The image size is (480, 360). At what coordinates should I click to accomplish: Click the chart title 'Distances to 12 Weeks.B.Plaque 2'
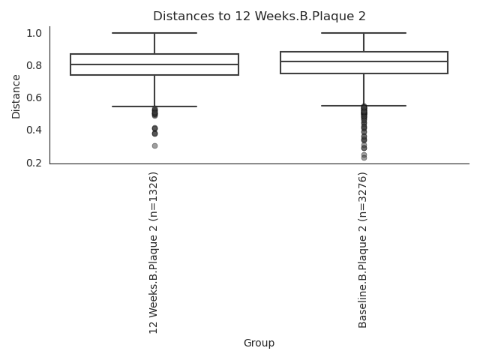click(x=259, y=16)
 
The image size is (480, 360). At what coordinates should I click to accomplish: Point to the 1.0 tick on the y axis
click(x=34, y=33)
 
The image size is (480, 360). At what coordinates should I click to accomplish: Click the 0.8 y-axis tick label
click(x=34, y=65)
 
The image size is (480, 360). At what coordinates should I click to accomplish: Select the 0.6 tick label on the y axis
click(x=34, y=97)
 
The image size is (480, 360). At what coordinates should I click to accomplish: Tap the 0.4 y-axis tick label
click(x=34, y=130)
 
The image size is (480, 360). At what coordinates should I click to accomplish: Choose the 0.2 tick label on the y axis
click(x=34, y=162)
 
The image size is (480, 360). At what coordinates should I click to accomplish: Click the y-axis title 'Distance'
click(x=16, y=97)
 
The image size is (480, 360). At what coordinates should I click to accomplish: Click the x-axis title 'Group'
click(x=259, y=343)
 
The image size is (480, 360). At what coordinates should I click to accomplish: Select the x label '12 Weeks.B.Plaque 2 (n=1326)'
click(x=154, y=252)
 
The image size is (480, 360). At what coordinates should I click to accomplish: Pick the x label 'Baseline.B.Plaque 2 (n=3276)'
click(x=363, y=250)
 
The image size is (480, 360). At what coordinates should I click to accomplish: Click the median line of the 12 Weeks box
click(x=154, y=64)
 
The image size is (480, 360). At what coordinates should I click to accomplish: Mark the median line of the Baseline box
click(x=364, y=61)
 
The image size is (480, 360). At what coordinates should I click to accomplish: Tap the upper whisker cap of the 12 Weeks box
click(x=154, y=33)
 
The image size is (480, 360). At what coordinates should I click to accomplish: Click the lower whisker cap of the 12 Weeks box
click(x=154, y=106)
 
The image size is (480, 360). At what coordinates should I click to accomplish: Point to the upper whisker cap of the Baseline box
click(x=364, y=33)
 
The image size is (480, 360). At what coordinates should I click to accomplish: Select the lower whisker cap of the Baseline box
click(x=364, y=106)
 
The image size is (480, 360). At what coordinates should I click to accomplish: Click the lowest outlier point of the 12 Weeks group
click(x=154, y=145)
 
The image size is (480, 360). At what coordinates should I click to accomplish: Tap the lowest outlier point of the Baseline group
click(x=364, y=157)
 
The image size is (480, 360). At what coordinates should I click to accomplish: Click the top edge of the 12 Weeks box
click(x=154, y=54)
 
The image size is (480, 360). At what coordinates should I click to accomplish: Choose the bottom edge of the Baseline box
click(x=364, y=73)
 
